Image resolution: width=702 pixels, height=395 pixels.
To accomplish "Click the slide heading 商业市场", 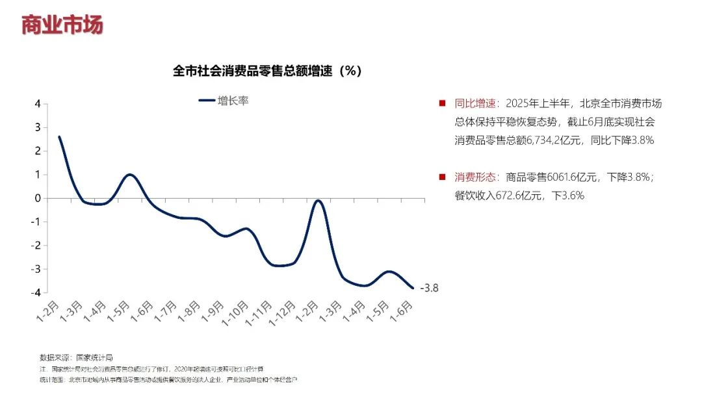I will point(62,25).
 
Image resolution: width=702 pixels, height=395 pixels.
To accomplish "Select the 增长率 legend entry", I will point(224,101).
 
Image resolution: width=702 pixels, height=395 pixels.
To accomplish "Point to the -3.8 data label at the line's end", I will point(430,288).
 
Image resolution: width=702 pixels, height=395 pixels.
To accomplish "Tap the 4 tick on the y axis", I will point(38,104).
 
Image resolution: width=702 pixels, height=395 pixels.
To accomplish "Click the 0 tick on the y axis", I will point(38,198).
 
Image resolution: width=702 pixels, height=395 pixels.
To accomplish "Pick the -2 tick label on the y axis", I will point(36,246).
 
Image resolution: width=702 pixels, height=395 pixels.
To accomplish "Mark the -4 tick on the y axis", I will point(36,292).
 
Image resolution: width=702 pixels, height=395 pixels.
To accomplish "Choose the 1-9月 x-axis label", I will point(213,312).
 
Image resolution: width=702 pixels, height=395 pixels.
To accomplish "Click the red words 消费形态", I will point(475,177).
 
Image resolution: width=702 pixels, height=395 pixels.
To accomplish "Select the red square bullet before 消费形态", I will point(442,177).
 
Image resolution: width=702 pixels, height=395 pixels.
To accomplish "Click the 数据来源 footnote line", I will point(77,357).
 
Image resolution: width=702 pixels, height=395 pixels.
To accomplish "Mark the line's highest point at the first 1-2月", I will point(59,137).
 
